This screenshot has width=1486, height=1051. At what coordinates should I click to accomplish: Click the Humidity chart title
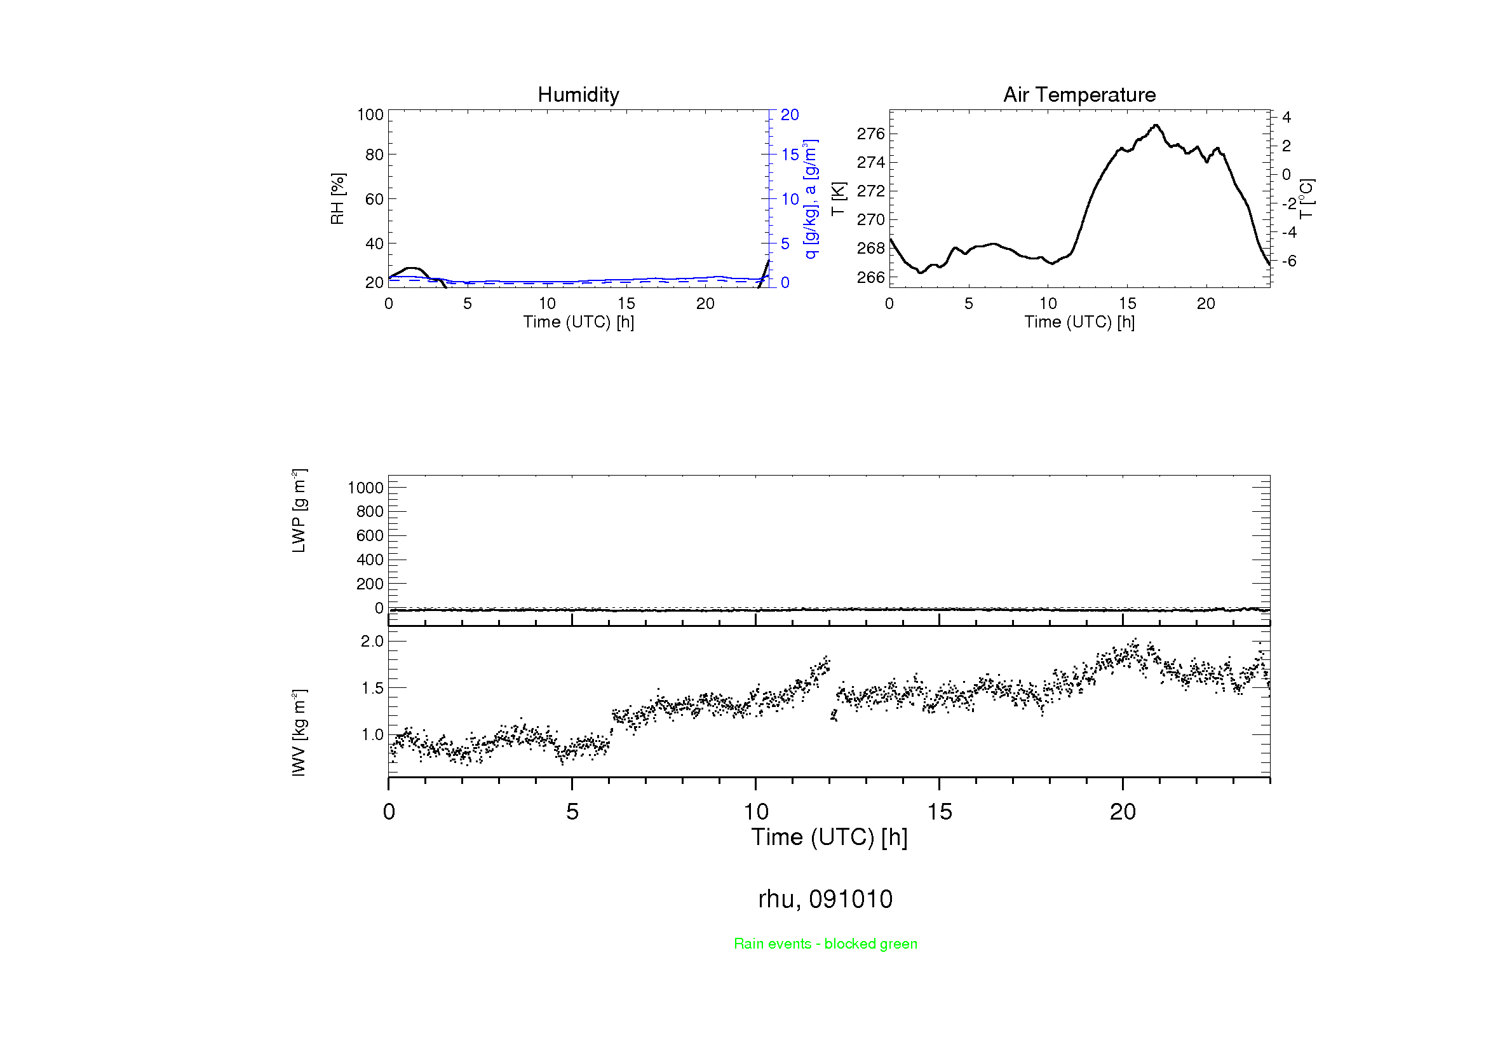point(578,95)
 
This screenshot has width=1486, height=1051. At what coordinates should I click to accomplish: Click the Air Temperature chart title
point(1079,95)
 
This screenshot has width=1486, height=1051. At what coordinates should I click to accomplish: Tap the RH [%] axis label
point(337,199)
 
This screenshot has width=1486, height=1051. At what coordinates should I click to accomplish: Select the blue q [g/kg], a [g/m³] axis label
point(810,199)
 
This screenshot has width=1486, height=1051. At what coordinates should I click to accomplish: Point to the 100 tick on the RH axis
point(370,114)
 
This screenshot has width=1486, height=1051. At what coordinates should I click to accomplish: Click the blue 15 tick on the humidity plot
point(790,155)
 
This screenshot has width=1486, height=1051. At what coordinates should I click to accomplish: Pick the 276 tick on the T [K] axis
point(870,134)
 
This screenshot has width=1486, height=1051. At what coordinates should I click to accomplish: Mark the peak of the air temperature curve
point(1156,125)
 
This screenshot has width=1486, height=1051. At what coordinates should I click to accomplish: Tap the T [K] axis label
point(838,199)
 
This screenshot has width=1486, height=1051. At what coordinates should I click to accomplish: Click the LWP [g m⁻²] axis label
point(299,511)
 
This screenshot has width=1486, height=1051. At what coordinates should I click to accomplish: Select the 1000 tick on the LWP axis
point(366,488)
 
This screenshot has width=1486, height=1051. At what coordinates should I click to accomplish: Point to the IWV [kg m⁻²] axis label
point(299,732)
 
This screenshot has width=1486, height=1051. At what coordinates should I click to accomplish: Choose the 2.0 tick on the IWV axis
point(372,641)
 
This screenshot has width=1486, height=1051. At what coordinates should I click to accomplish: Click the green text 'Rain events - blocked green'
point(825,944)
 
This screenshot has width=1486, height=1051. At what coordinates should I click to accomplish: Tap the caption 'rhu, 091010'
point(825,899)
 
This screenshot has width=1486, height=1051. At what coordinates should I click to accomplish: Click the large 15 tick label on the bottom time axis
point(939,812)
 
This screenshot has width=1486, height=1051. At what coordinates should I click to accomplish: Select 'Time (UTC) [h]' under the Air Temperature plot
point(1079,322)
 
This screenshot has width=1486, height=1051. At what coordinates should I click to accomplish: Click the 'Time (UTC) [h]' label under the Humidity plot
point(578,322)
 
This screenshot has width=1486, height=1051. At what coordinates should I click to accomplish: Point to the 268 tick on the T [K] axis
point(870,249)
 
